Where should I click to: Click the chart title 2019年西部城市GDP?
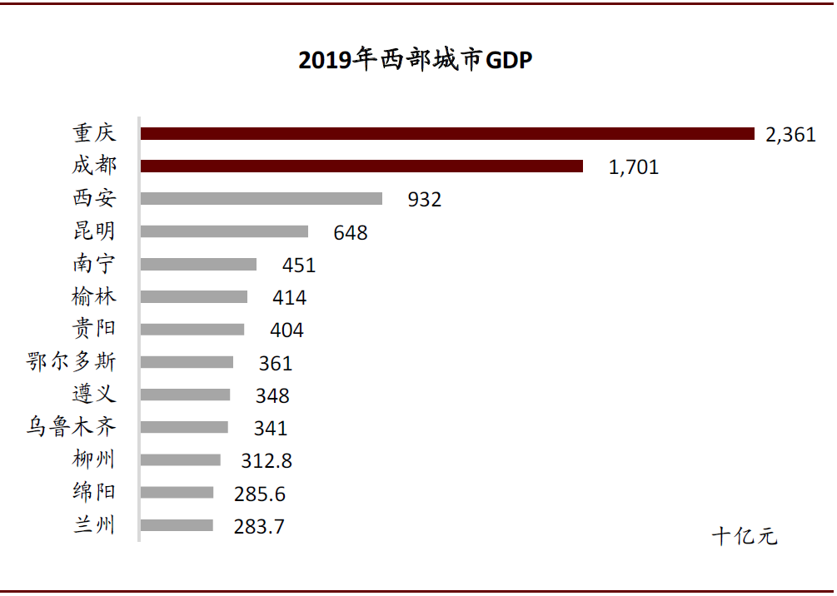415,61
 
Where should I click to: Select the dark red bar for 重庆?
447,133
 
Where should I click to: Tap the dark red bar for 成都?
361,166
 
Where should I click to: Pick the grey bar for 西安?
262,199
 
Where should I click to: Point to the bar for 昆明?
224,231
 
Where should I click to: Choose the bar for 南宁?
198,265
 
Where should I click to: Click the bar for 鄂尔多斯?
187,362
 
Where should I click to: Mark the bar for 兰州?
177,525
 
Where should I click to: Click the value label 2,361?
790,135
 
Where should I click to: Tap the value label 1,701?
634,167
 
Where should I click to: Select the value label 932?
425,200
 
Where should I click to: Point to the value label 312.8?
267,461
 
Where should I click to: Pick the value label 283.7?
260,527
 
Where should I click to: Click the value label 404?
286,330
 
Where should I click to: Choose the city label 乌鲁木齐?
71,428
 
